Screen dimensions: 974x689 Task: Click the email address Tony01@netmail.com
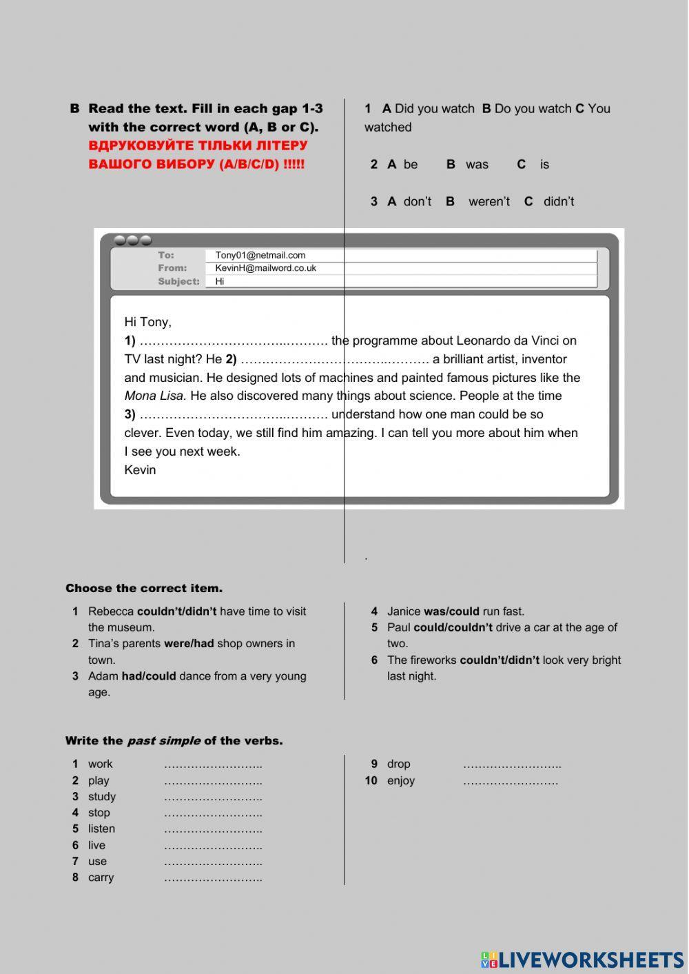260,255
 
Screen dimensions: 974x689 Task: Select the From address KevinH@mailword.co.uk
265,268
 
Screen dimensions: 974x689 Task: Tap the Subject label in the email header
178,281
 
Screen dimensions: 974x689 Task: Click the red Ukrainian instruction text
198,155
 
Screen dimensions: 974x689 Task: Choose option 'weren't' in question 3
489,201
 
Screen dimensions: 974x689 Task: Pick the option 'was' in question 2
476,164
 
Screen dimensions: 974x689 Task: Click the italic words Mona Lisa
155,396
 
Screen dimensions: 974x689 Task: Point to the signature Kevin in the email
140,470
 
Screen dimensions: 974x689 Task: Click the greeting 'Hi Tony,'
147,322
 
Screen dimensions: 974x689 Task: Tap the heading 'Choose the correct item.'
144,588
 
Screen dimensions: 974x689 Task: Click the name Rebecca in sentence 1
111,611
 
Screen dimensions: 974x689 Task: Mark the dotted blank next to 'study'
213,797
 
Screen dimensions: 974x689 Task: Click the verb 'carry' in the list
101,877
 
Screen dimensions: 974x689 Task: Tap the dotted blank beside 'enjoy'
510,781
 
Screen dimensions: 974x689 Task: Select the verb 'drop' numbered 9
398,764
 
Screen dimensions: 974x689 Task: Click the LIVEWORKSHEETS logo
582,960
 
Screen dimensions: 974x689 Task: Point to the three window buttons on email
132,241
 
